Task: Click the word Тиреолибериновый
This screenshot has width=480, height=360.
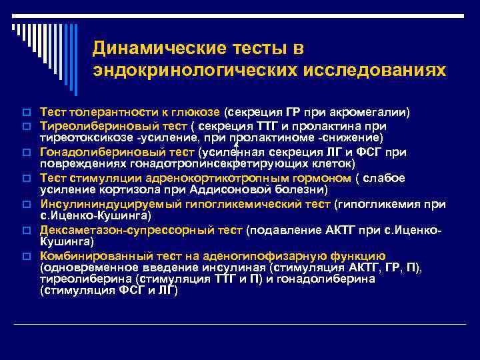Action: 90,126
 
